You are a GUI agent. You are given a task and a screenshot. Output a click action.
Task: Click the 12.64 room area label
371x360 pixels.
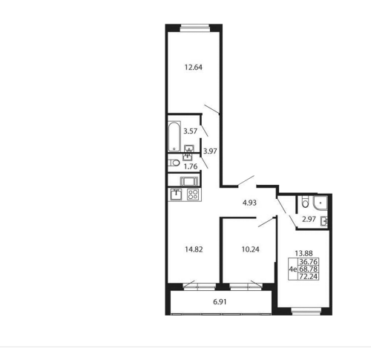194,68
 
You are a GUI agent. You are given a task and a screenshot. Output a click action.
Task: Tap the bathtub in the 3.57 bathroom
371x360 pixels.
174,137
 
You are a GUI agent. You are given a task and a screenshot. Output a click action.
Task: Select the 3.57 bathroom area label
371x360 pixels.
190,131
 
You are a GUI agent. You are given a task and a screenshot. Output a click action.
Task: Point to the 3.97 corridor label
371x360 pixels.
210,151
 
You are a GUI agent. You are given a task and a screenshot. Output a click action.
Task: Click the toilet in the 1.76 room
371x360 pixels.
174,163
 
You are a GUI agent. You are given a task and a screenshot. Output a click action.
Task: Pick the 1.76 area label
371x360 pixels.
191,166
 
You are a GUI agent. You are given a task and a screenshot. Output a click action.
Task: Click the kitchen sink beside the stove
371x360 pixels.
176,194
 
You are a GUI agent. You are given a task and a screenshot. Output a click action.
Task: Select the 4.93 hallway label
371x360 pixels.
249,203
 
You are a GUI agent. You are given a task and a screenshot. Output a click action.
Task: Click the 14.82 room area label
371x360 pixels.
194,249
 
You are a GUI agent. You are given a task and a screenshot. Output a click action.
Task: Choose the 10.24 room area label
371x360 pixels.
250,249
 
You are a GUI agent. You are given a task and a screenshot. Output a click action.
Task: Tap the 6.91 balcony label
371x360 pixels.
220,302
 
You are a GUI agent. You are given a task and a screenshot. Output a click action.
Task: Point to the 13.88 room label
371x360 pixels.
303,253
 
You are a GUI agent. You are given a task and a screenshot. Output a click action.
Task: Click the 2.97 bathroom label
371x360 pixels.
309,219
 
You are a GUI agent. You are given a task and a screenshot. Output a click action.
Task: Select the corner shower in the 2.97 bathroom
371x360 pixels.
321,203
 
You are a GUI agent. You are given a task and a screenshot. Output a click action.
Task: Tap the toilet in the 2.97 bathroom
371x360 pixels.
306,202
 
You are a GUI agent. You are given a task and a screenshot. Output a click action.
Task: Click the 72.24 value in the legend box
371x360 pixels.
308,276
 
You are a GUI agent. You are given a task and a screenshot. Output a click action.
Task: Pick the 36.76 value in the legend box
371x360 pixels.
308,262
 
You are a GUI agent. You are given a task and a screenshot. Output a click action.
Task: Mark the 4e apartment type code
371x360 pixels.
293,269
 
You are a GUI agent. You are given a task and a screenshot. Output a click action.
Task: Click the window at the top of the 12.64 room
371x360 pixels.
194,28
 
